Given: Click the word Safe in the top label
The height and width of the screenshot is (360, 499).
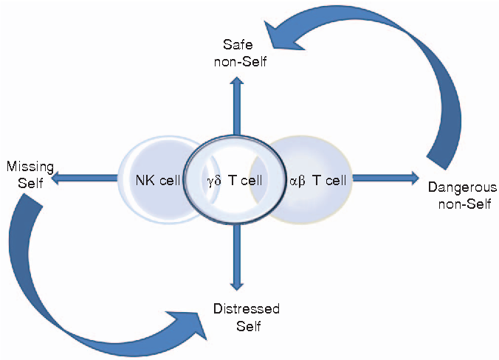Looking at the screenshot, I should click(236, 47).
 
